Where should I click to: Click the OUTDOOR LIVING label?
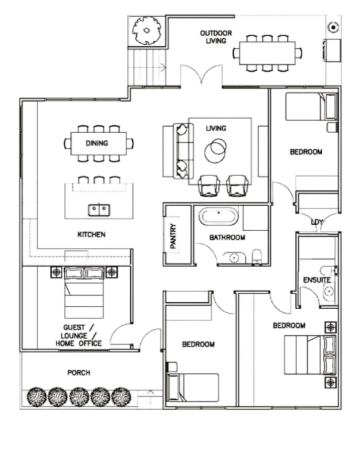[216, 37]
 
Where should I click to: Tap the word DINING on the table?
[97, 143]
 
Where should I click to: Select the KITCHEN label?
[92, 234]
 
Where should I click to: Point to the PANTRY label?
[173, 236]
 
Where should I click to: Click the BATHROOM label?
[227, 237]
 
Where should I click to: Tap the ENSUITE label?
[317, 280]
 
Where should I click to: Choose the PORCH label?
[78, 373]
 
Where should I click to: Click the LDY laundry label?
[317, 222]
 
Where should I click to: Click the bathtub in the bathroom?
[219, 217]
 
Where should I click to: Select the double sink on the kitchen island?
[99, 210]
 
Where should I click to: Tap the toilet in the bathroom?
[257, 256]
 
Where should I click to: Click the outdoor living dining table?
[267, 53]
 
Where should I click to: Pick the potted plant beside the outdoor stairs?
[147, 31]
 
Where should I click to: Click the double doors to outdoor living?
[201, 75]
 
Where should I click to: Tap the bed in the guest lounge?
[84, 293]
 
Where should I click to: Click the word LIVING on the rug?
[216, 128]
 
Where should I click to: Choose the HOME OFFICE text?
[78, 343]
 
